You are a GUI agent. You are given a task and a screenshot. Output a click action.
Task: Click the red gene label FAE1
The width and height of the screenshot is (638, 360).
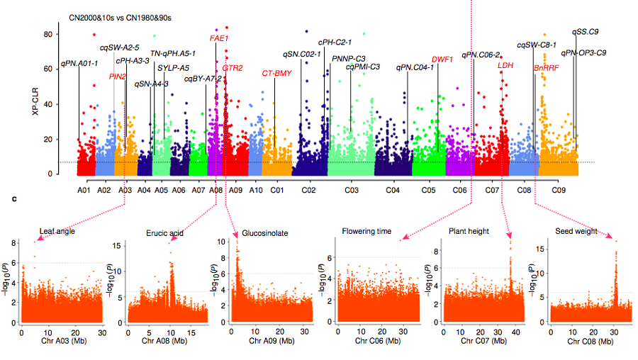pos(219,38)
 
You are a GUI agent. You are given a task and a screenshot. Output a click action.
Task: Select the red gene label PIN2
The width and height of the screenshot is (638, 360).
pos(118,76)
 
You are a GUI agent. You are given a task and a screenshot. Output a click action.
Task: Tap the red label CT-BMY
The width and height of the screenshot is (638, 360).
pos(276,73)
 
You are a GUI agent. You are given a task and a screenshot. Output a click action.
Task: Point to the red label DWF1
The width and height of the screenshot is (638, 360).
pos(442,60)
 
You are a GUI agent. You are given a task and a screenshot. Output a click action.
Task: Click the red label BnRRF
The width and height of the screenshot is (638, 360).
pos(547,68)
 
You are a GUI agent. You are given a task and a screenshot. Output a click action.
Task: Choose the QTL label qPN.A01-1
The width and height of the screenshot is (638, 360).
pos(79,64)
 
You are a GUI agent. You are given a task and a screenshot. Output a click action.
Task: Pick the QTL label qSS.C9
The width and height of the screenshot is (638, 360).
pos(586,32)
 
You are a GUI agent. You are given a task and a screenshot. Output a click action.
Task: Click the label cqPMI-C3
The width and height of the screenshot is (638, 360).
pos(363,67)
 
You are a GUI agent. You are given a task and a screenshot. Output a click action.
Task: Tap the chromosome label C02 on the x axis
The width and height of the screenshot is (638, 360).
pos(308,191)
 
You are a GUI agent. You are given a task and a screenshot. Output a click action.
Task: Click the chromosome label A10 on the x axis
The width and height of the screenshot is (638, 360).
pos(256,191)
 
